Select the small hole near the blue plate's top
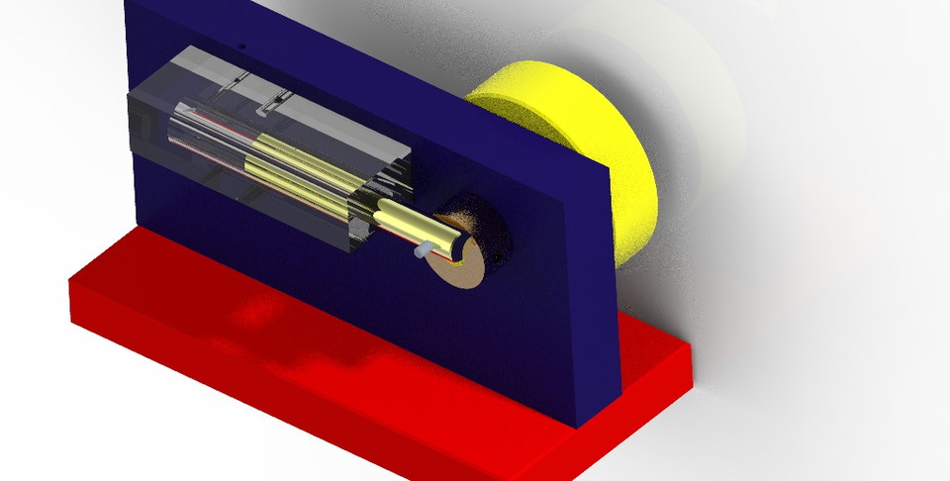[x=240, y=45]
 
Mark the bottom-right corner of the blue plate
[x=576, y=427]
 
